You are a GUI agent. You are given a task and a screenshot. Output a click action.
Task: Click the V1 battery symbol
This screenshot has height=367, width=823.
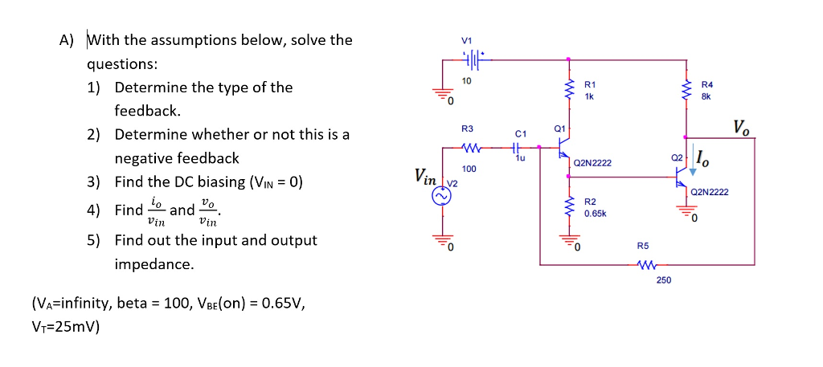(473, 59)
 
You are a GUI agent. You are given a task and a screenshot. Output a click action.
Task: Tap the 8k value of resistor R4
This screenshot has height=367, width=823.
(706, 96)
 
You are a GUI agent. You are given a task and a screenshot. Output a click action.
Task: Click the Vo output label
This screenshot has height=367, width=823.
(743, 126)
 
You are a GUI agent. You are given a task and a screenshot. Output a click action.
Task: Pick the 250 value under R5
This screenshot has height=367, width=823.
(663, 279)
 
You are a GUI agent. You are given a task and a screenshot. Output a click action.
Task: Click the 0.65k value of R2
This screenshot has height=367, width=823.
(594, 214)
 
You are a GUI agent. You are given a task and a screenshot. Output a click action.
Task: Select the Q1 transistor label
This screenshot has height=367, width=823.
(560, 128)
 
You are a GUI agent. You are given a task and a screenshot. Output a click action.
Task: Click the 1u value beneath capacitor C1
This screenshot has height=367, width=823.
(519, 159)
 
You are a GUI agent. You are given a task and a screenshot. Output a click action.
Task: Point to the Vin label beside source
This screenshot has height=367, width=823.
(427, 175)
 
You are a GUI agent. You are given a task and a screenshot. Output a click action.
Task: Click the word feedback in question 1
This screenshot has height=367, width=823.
(141, 111)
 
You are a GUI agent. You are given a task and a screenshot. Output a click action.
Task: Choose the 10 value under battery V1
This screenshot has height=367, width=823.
(466, 80)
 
